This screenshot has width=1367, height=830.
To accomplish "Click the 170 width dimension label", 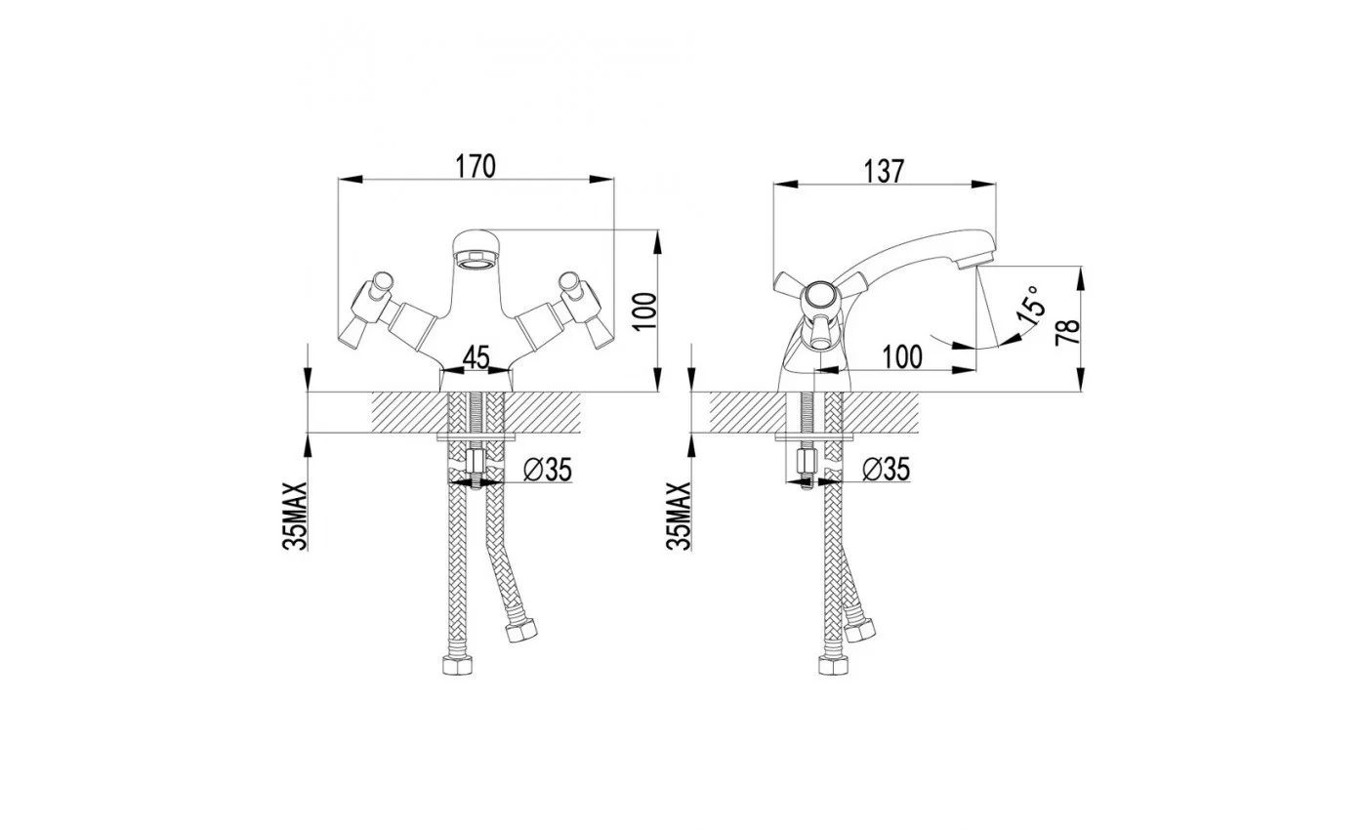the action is (476, 167).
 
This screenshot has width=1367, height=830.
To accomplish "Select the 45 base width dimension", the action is (476, 357).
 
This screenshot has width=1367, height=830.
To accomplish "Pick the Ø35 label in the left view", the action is (548, 470).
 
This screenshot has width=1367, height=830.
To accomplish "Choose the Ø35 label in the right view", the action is (887, 470).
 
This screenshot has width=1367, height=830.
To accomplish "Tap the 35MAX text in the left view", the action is (295, 517).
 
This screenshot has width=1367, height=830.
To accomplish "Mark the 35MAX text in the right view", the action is (679, 517).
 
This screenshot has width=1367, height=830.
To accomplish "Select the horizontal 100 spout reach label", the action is (902, 357).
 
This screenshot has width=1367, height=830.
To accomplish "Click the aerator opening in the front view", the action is (476, 263).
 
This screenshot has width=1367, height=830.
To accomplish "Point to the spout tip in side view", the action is (976, 263).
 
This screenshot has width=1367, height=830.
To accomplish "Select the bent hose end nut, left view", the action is (521, 630).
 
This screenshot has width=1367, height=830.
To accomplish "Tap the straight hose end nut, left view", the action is (457, 665).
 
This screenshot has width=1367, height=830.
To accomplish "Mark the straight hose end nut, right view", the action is (833, 665).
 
